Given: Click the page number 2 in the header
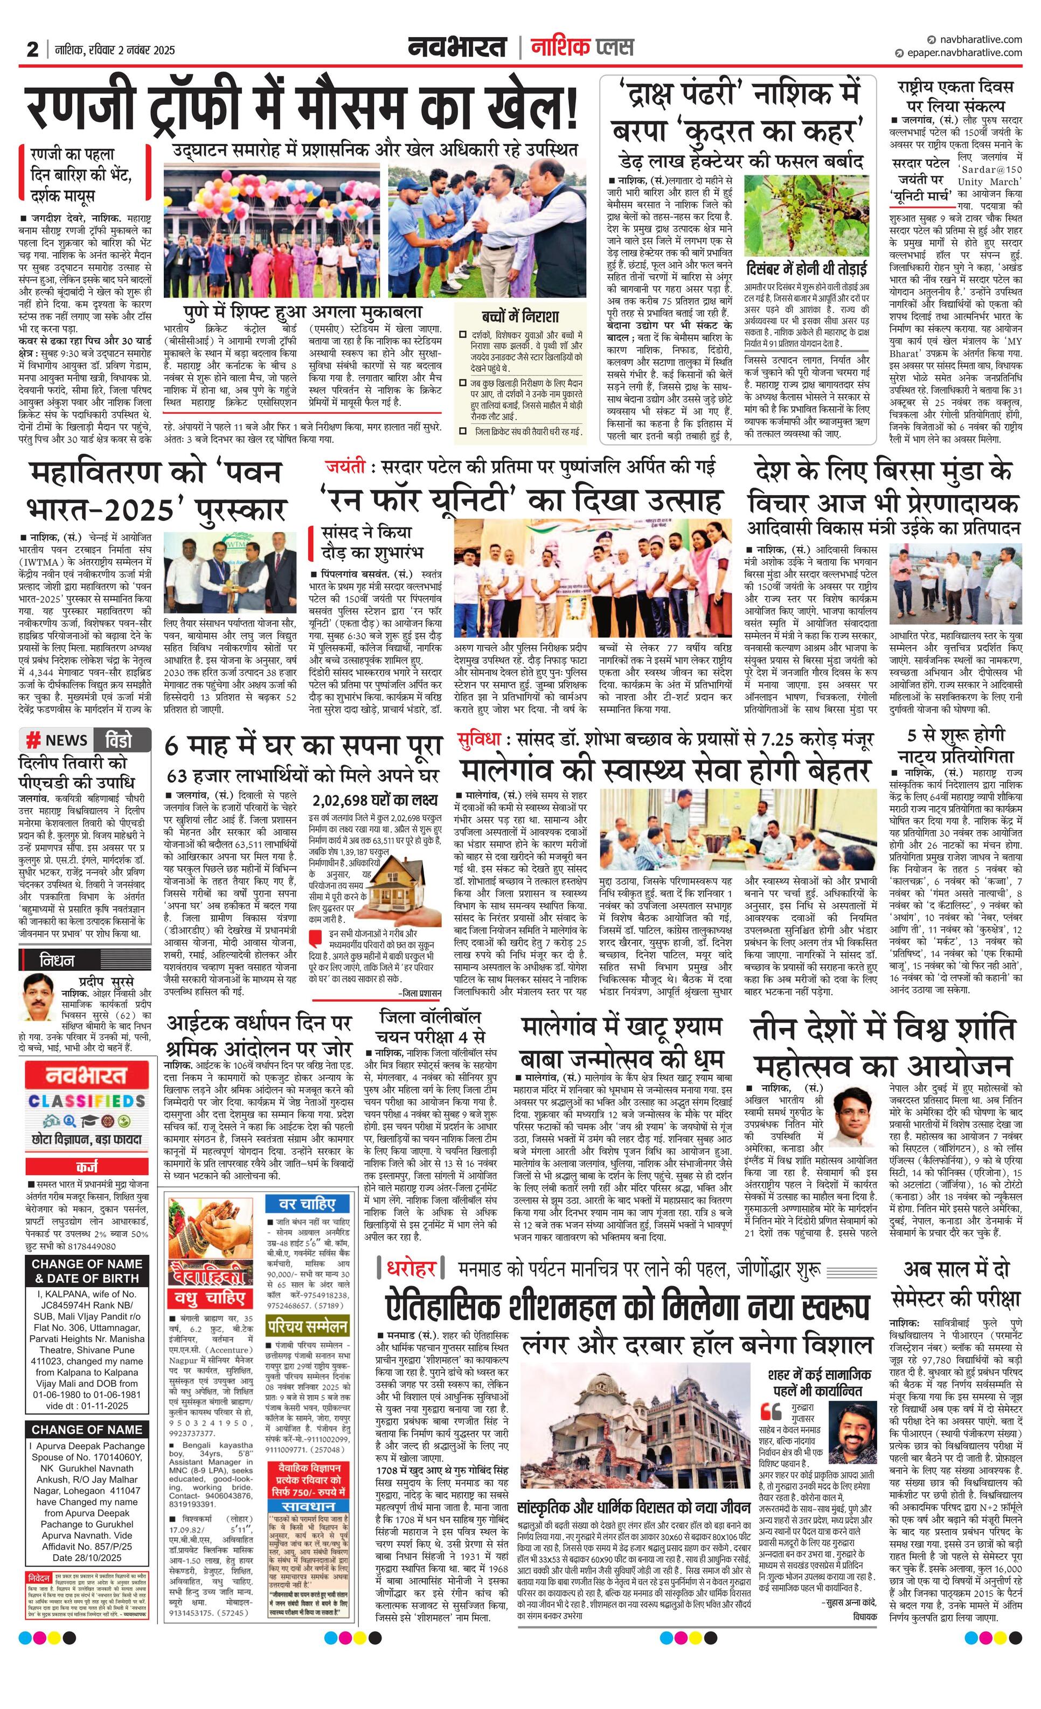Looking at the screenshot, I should click(x=32, y=49).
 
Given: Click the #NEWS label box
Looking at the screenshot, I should click(x=57, y=739).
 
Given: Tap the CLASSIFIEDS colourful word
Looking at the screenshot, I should click(x=87, y=1101).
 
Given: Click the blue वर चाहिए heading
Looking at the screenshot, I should click(x=307, y=1204).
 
